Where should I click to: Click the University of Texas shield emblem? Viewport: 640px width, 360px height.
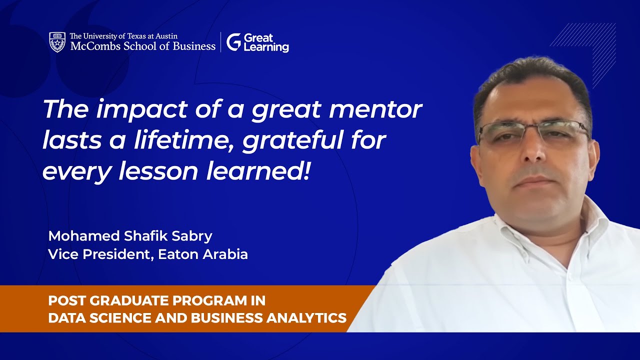pyautogui.click(x=57, y=42)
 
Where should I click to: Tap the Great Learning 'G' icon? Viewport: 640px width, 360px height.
pyautogui.click(x=233, y=42)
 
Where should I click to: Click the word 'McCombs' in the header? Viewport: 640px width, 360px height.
pyautogui.click(x=92, y=46)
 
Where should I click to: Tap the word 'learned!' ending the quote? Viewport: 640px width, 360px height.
pyautogui.click(x=258, y=171)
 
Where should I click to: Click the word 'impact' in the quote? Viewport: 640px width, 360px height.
pyautogui.click(x=134, y=109)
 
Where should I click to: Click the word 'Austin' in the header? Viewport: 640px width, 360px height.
pyautogui.click(x=164, y=36)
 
